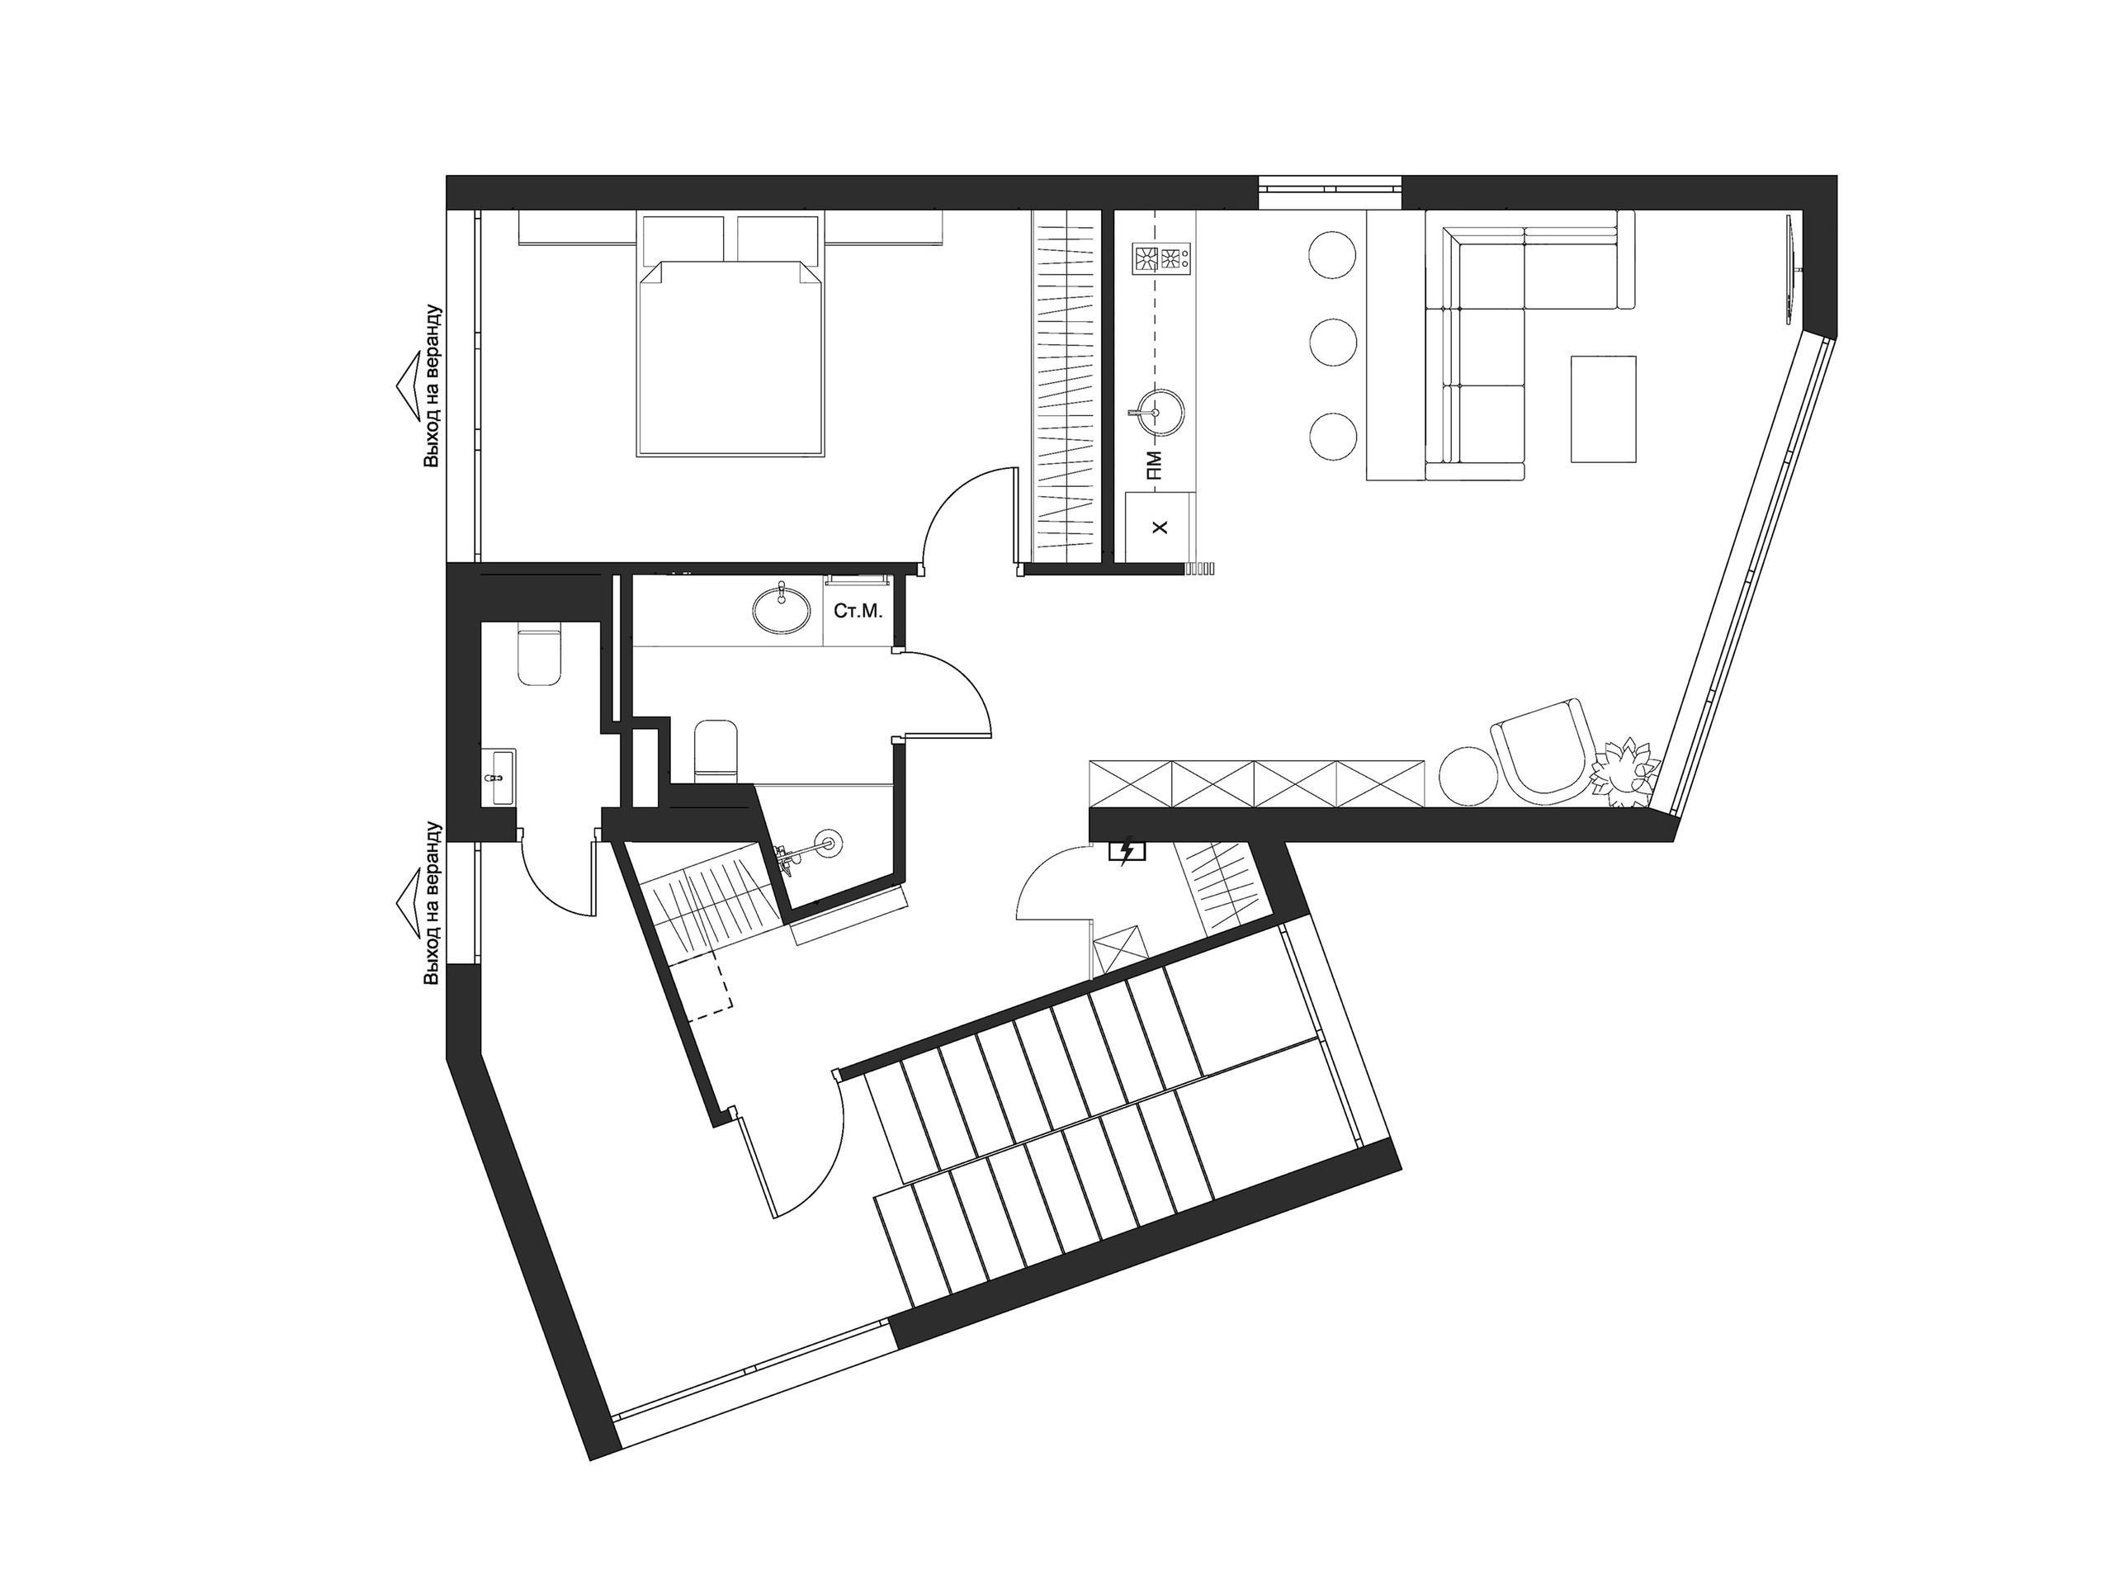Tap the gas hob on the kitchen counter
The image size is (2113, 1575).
1162,258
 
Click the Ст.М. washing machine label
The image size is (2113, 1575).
858,611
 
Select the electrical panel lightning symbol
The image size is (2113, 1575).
1127,850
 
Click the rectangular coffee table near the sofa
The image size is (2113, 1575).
1603,409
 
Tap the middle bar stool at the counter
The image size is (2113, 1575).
1333,340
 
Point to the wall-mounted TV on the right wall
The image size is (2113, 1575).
1792,270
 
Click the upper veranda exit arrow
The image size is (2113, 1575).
412,386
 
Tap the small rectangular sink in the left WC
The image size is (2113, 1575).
499,778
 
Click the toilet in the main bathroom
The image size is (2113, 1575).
716,752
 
